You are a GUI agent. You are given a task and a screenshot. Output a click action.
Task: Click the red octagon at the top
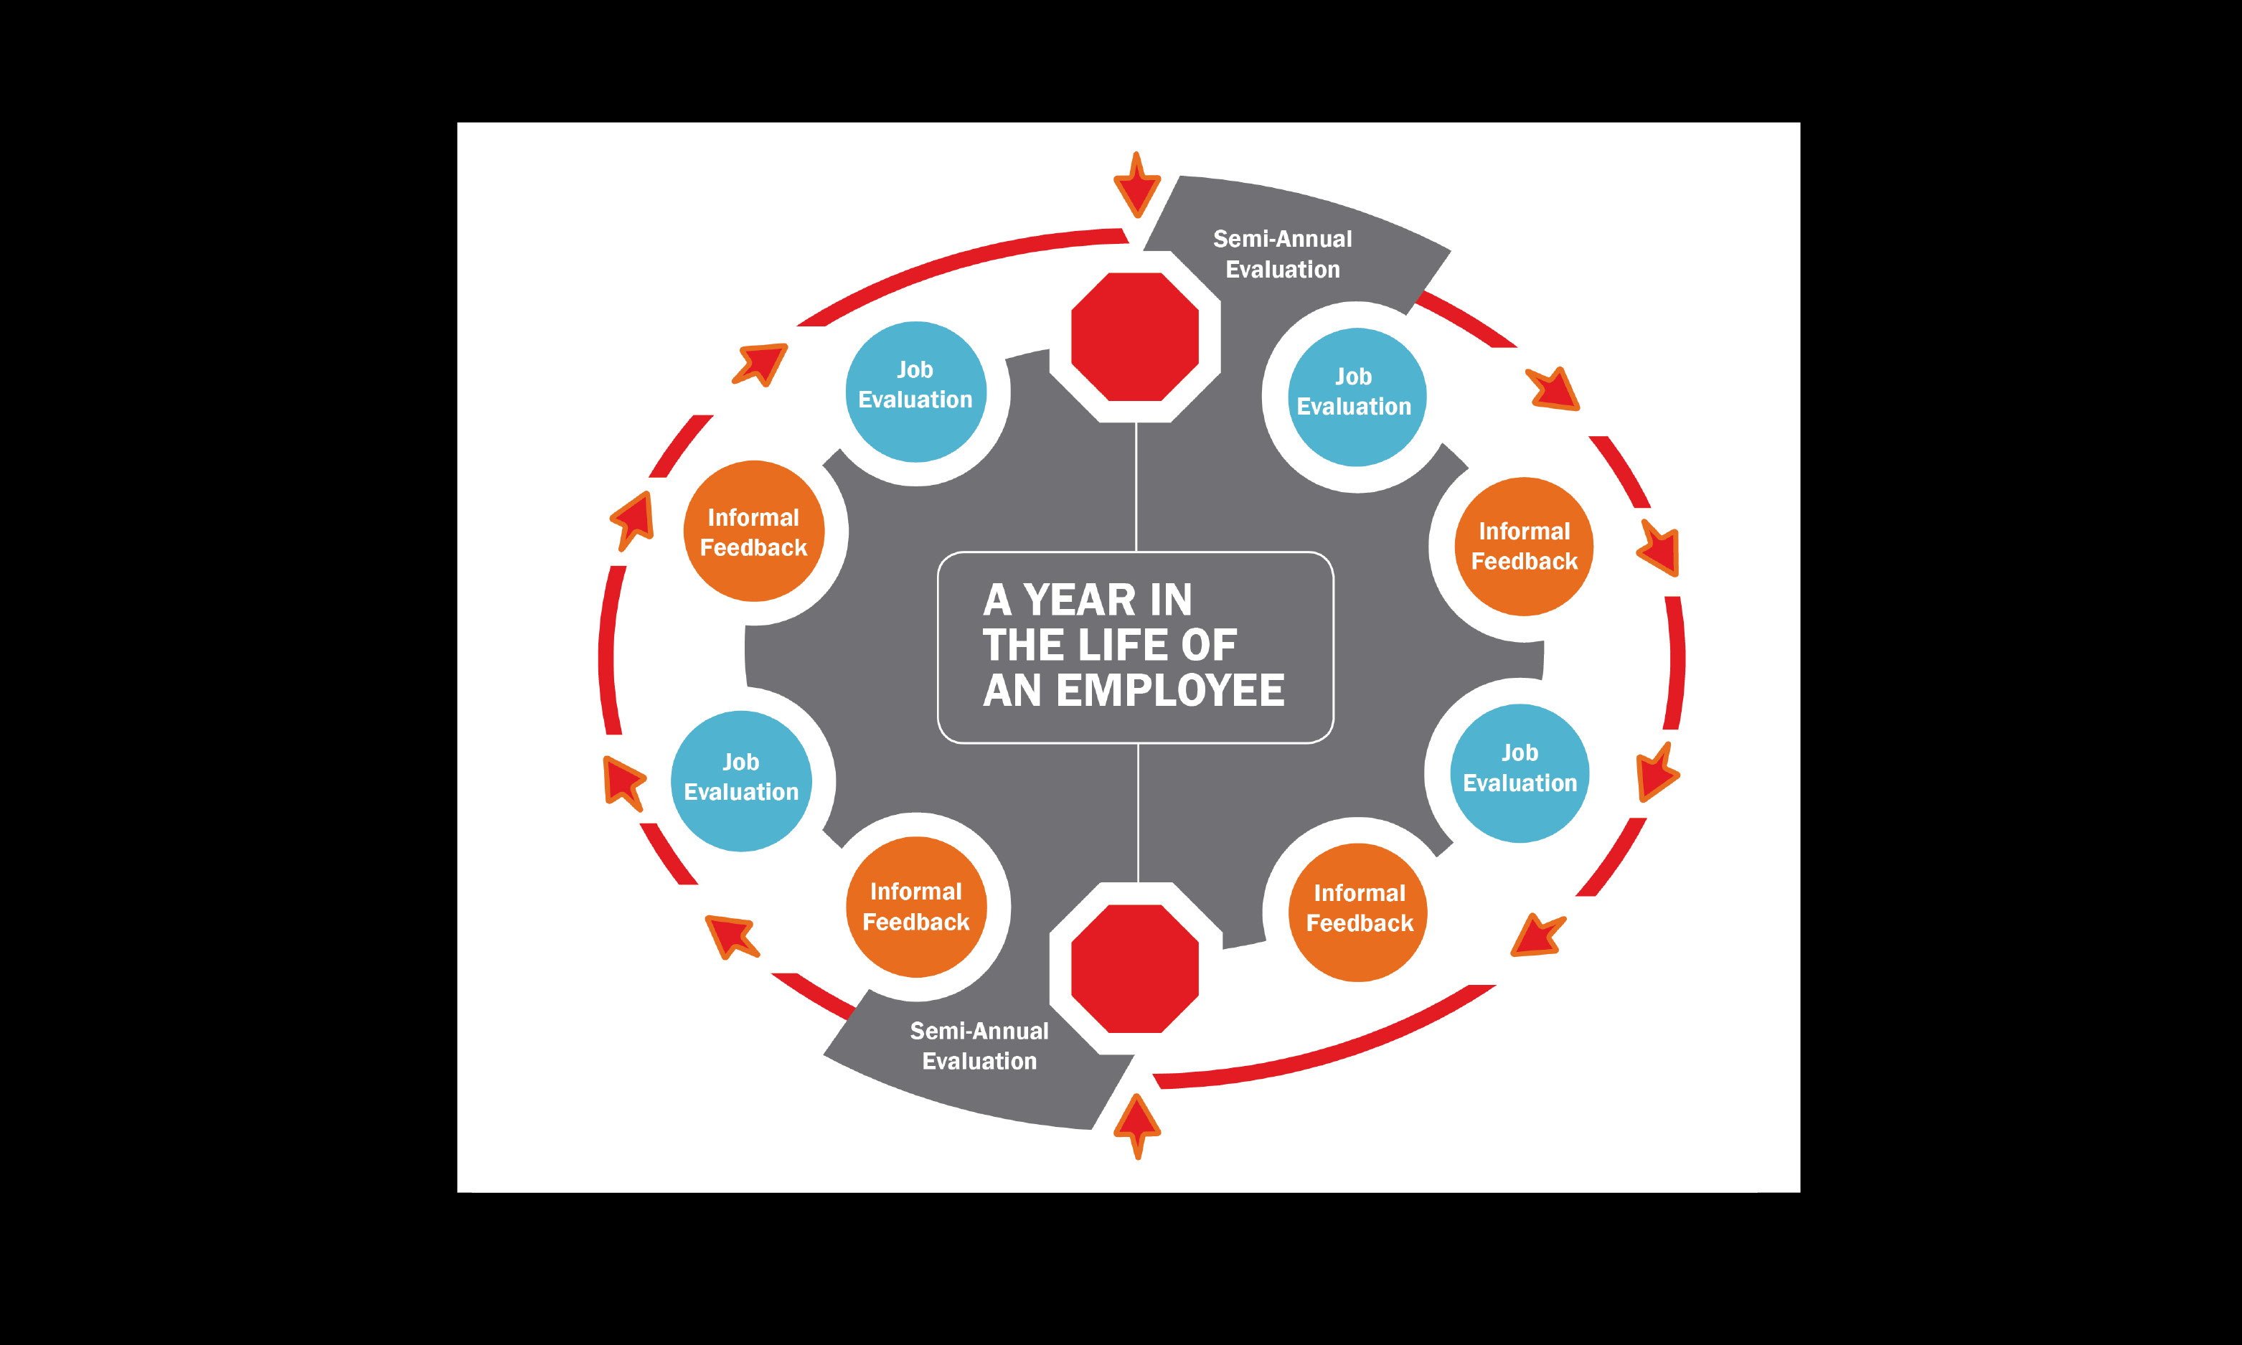1134,336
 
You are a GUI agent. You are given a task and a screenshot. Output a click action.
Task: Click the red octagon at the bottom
1134,968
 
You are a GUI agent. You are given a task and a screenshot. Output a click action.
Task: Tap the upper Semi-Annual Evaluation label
1282,254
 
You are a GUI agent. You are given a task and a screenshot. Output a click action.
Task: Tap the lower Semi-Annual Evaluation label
979,1046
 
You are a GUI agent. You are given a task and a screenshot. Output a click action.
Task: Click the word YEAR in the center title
1079,600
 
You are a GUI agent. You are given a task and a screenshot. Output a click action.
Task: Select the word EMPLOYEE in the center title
1170,691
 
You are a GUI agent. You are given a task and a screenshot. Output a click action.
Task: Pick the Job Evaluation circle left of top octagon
915,392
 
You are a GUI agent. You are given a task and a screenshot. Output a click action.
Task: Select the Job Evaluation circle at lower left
741,780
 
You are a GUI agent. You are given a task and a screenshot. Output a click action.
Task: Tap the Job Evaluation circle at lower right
1520,773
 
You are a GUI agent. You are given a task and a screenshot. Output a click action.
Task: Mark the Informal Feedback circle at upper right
1525,547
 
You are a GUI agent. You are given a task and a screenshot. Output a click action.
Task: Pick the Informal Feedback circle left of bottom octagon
916,906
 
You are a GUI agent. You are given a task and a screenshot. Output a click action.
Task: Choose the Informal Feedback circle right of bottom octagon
1358,912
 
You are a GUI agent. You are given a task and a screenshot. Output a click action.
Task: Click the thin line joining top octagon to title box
1136,486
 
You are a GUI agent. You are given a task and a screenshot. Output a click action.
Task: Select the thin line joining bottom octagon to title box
1137,812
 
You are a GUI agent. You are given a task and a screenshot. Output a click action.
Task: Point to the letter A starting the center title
997,600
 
